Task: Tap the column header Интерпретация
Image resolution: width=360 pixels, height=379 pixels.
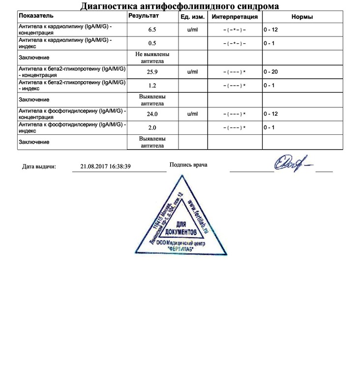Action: (x=234, y=17)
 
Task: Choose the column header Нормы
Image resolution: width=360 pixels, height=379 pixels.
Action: (x=302, y=17)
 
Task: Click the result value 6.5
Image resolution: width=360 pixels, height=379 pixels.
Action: (x=152, y=30)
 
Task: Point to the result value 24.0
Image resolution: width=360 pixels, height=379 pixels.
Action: (x=152, y=114)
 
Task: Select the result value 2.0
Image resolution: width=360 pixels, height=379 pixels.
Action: (x=152, y=127)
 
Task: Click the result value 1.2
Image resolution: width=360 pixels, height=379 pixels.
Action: (x=152, y=85)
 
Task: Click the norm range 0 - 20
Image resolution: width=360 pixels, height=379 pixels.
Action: (x=271, y=72)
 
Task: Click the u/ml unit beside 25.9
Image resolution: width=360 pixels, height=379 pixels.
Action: (x=193, y=72)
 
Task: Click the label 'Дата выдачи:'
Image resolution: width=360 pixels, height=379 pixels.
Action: (x=39, y=166)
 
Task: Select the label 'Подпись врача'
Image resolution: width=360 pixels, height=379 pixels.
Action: (x=188, y=164)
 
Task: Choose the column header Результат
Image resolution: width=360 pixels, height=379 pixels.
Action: (x=144, y=16)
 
